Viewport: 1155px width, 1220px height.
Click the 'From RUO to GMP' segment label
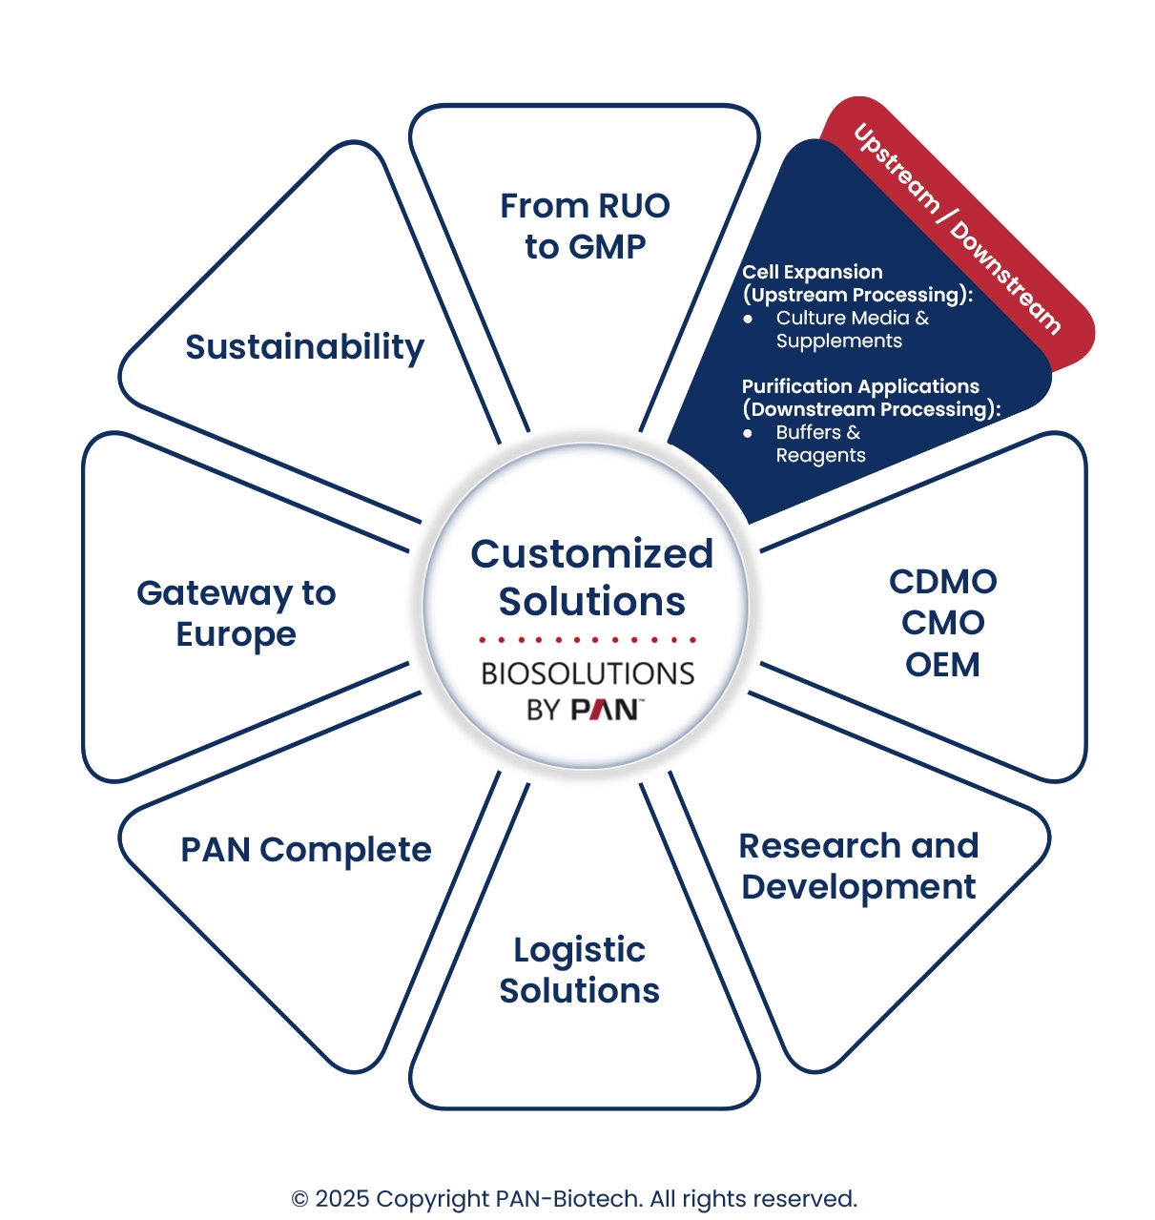[x=585, y=226]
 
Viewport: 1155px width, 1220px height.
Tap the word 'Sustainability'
[x=304, y=347]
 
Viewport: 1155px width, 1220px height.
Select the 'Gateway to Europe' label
[x=236, y=613]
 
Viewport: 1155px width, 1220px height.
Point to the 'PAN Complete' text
[x=305, y=850]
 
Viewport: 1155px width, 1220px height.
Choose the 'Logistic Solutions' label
[x=579, y=970]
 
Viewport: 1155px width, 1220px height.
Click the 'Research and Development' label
[x=858, y=866]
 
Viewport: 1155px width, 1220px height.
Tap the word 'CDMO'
[x=942, y=582]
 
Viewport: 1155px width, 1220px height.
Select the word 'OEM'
[x=942, y=665]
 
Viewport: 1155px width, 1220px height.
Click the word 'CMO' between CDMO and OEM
[x=942, y=623]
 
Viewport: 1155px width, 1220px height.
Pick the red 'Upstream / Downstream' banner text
[x=957, y=229]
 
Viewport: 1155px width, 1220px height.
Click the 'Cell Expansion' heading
[x=813, y=272]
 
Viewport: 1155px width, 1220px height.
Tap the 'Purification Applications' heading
[x=860, y=386]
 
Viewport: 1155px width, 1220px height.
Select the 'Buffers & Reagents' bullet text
[x=820, y=444]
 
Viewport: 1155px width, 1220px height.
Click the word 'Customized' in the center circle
[x=591, y=554]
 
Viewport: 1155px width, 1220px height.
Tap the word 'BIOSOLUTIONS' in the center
[x=588, y=673]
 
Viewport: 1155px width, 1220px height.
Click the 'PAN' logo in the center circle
[x=605, y=710]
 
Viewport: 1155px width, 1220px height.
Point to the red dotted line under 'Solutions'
[x=588, y=639]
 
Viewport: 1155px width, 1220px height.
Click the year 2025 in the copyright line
[x=341, y=1199]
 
